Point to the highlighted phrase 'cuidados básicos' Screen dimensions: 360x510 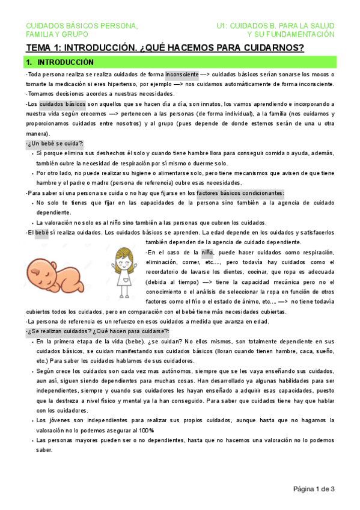click(63, 103)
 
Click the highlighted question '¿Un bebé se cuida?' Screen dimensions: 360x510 click(55, 144)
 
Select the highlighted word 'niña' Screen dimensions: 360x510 click(207, 252)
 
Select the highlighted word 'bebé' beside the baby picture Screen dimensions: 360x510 click(41, 232)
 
